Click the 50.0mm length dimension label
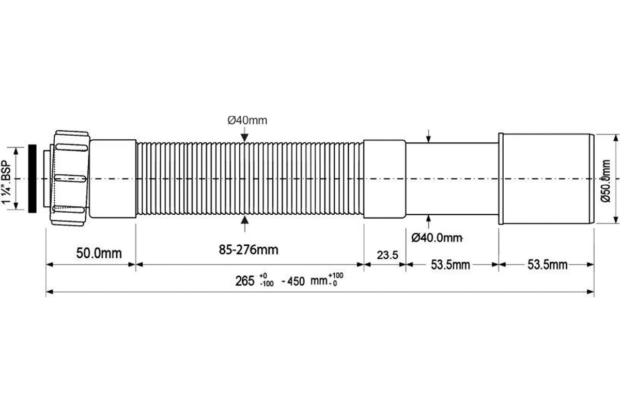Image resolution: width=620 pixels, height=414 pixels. point(99,253)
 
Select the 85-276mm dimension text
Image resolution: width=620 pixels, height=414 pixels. point(248,250)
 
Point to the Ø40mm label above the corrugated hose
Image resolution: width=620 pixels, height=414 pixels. point(247,121)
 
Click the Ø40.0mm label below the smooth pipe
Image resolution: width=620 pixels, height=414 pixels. point(436,238)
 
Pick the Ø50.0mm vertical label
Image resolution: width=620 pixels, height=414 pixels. point(607,179)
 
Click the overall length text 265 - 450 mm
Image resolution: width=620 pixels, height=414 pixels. point(289,281)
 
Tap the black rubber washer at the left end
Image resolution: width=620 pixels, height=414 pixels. point(33,179)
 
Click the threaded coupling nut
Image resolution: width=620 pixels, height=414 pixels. point(70,179)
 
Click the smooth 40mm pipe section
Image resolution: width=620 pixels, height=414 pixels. point(452,179)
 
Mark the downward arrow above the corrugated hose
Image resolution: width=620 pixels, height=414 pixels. point(244,135)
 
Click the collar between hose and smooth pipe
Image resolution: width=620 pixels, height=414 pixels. point(384,179)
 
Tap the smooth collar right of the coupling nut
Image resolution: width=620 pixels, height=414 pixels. point(113,179)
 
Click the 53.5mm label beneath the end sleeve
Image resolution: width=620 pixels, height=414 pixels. point(547,265)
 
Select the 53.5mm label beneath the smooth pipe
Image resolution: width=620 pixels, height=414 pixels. point(451,265)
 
